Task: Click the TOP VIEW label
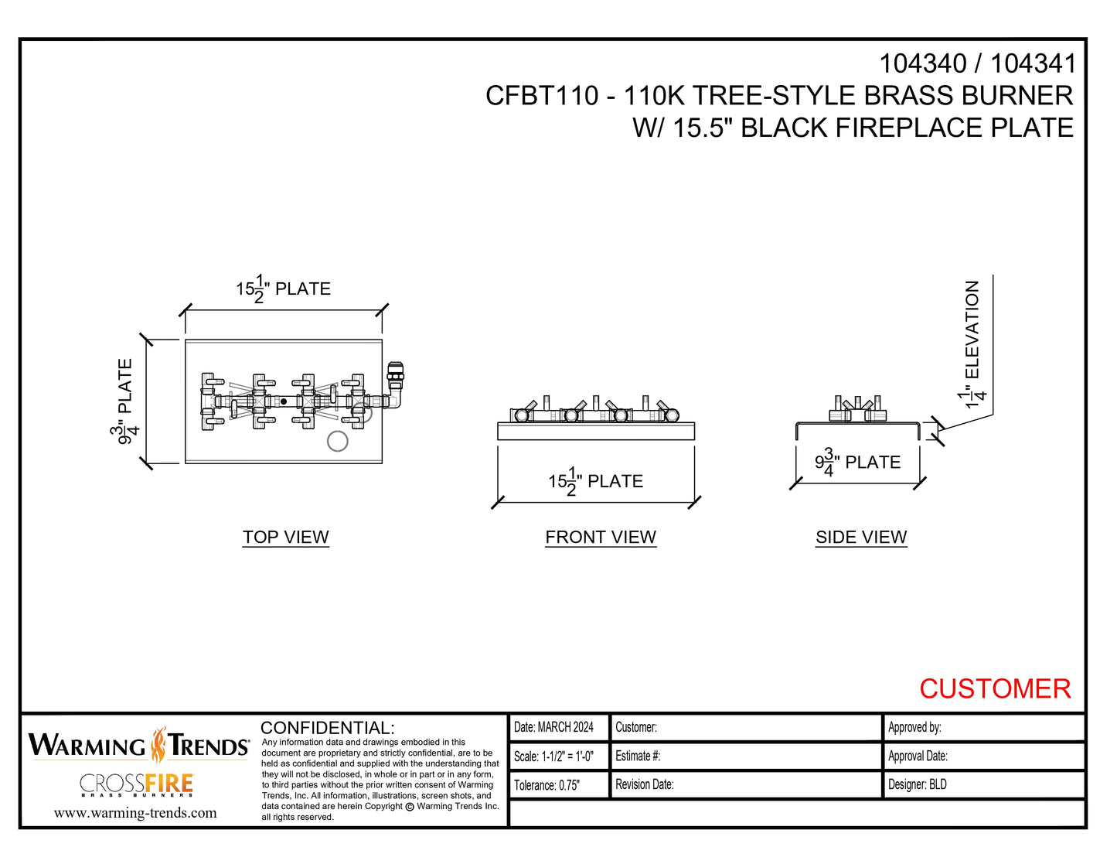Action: [285, 537]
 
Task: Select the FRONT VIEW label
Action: [601, 537]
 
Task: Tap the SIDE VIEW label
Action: [861, 537]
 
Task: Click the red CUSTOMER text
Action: [995, 688]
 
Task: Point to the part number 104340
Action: [923, 63]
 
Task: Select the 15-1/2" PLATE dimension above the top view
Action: [283, 289]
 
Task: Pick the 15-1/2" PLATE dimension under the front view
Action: [595, 482]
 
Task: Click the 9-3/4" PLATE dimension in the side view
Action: [857, 463]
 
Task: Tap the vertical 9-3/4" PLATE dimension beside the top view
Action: [125, 401]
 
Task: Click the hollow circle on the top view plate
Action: [338, 441]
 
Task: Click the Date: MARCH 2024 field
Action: [554, 727]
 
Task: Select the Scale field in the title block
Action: [554, 756]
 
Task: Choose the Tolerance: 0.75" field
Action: [547, 785]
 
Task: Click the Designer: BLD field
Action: [918, 784]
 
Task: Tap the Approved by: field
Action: [914, 727]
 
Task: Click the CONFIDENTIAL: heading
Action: [328, 728]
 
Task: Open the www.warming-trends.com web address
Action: [135, 813]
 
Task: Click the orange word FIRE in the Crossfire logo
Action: [169, 784]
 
